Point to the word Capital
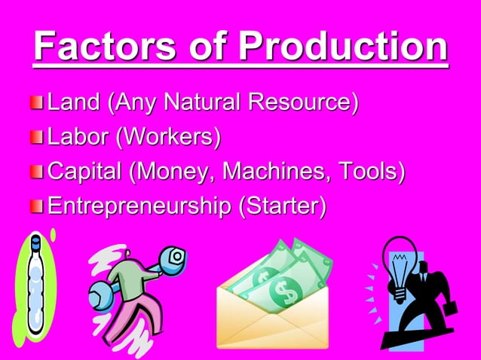tap(85, 171)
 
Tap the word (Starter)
tap(282, 206)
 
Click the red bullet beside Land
tap(38, 102)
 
